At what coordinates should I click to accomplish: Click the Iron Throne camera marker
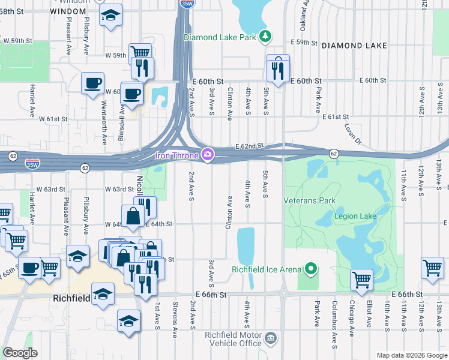[x=208, y=155]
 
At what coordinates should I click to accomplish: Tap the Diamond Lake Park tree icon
[x=265, y=37]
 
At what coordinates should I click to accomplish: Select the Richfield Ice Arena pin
[x=310, y=269]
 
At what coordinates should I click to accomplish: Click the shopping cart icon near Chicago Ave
[x=361, y=280]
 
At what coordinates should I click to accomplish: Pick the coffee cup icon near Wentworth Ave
[x=92, y=83]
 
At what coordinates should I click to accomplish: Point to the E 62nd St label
[x=250, y=146]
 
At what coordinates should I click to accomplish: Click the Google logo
[x=20, y=352]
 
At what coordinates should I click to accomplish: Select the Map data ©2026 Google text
[x=411, y=355]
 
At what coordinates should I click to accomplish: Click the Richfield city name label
[x=71, y=298]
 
